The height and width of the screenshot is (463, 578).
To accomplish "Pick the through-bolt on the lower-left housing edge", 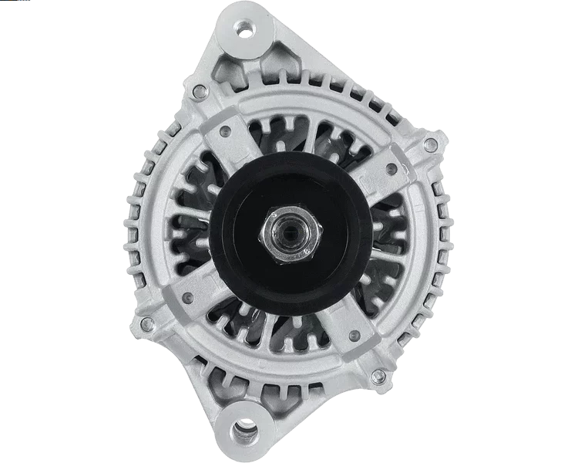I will tap(146, 316).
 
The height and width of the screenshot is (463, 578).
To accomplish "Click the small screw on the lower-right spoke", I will tap(353, 333).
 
